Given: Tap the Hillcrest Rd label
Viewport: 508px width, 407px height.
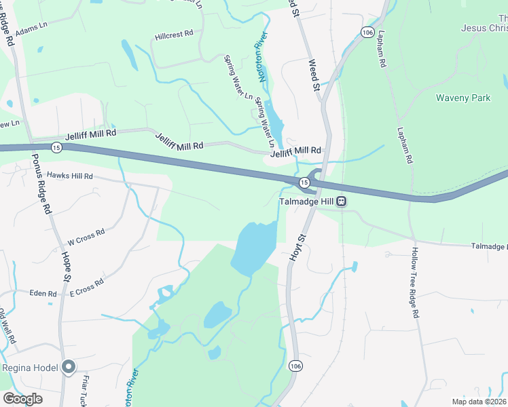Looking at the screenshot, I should (174, 33).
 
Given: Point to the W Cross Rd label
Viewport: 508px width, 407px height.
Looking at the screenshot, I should (86, 237).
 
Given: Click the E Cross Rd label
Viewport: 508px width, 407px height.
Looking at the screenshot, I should (86, 287).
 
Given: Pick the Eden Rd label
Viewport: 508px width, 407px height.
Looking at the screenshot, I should (43, 294).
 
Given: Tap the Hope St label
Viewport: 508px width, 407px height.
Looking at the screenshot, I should (67, 267).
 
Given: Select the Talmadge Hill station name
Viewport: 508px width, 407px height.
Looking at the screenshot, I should (308, 201).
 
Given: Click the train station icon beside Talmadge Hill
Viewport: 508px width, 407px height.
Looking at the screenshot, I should (342, 201).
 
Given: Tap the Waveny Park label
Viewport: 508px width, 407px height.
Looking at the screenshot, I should (463, 98).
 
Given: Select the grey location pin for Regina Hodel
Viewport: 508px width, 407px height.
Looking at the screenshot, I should (68, 367).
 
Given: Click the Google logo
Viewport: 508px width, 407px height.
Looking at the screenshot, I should (22, 399).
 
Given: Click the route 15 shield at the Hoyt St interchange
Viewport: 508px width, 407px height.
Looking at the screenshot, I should (305, 182).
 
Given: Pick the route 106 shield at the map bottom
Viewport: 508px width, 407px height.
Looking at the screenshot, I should (295, 366).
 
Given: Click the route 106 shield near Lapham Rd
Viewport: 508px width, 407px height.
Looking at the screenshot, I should (367, 33).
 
